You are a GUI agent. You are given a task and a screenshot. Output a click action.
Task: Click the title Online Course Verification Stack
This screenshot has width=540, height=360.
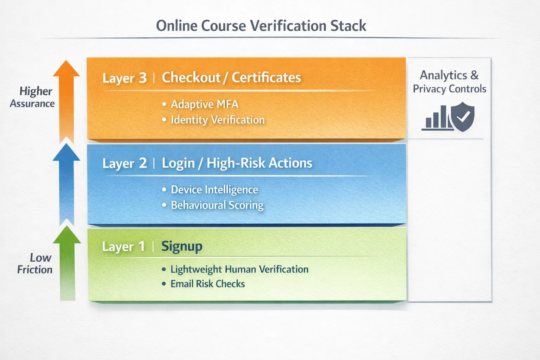pyautogui.click(x=261, y=26)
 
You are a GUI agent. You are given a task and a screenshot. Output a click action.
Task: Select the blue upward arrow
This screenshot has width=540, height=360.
pyautogui.click(x=66, y=183)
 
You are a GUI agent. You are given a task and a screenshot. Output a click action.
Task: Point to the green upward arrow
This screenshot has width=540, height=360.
pyautogui.click(x=67, y=264)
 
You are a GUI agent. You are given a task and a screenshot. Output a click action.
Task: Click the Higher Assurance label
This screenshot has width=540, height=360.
pyautogui.click(x=33, y=97)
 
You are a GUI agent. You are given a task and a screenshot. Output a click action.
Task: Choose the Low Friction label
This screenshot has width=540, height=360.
pyautogui.click(x=35, y=264)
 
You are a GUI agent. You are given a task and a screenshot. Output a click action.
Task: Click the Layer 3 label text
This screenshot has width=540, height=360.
pyautogui.click(x=124, y=78)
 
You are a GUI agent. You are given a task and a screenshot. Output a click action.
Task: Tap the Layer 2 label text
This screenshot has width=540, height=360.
pyautogui.click(x=124, y=163)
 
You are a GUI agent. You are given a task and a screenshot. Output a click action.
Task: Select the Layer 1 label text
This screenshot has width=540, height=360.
pyautogui.click(x=123, y=246)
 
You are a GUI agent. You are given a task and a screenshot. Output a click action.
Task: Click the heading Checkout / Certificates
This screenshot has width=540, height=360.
pyautogui.click(x=231, y=78)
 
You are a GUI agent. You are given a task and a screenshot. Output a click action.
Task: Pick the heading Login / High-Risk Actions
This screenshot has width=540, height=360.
pyautogui.click(x=237, y=163)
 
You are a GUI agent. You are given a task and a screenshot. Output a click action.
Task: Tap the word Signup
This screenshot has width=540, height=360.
pyautogui.click(x=182, y=246)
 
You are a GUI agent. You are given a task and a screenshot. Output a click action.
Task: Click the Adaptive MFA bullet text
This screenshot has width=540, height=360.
pyautogui.click(x=205, y=104)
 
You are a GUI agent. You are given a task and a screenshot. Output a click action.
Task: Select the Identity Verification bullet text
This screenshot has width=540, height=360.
pyautogui.click(x=218, y=120)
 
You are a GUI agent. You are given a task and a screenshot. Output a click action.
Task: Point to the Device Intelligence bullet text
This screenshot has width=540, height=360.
pyautogui.click(x=214, y=190)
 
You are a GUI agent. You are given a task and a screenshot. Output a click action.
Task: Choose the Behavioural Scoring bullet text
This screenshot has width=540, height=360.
pyautogui.click(x=217, y=205)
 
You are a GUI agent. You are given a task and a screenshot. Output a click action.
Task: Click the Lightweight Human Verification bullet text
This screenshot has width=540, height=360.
pyautogui.click(x=239, y=269)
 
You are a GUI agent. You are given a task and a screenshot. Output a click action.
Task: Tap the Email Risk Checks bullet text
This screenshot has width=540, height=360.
pyautogui.click(x=208, y=284)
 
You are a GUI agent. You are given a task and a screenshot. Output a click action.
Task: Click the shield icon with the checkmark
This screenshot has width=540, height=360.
pyautogui.click(x=463, y=117)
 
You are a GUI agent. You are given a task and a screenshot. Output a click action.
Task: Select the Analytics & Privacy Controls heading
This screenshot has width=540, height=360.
pyautogui.click(x=449, y=82)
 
